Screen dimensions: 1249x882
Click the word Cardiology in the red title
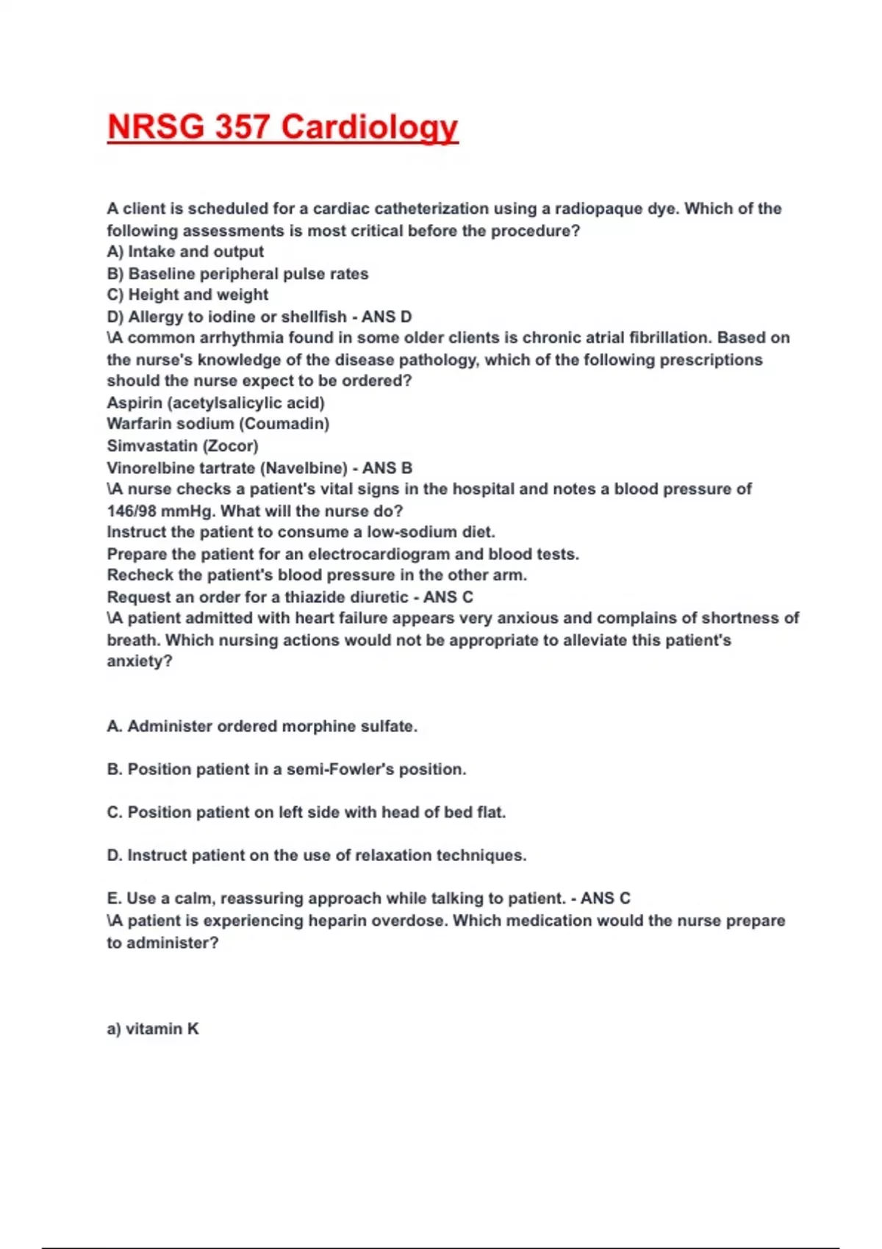click(x=370, y=127)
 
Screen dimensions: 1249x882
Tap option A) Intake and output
click(x=185, y=251)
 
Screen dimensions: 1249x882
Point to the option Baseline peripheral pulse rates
click(x=237, y=273)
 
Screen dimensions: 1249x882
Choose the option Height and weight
click(x=187, y=295)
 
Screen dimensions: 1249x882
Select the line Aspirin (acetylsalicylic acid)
click(x=215, y=403)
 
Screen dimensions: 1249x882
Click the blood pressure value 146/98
click(x=132, y=511)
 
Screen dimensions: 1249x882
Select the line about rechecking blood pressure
click(x=317, y=575)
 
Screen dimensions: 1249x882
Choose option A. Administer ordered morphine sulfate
click(x=262, y=727)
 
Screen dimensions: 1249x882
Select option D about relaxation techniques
click(x=316, y=855)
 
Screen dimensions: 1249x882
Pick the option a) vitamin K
click(x=153, y=1029)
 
